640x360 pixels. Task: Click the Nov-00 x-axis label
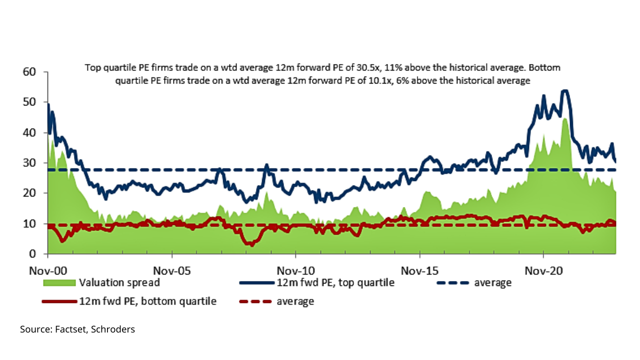click(47, 270)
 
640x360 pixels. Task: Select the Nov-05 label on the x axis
click(171, 270)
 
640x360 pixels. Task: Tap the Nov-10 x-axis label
click(295, 270)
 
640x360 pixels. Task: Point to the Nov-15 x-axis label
click(419, 270)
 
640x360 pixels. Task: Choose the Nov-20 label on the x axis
click(543, 270)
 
